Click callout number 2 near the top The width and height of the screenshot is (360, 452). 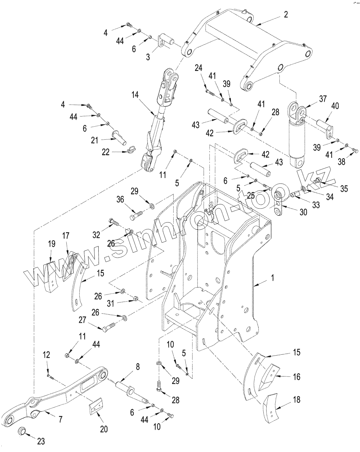[x=285, y=15]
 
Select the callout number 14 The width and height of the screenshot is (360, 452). [x=135, y=95]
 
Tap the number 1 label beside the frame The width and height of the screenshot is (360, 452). [x=273, y=278]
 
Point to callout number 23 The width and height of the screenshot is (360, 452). [x=41, y=442]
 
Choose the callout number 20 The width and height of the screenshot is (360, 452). [x=104, y=429]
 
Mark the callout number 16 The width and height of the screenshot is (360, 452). [x=296, y=377]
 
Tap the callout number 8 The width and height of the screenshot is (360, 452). [x=138, y=367]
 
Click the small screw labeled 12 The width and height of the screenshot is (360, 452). [x=50, y=377]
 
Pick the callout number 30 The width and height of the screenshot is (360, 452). [x=303, y=212]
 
